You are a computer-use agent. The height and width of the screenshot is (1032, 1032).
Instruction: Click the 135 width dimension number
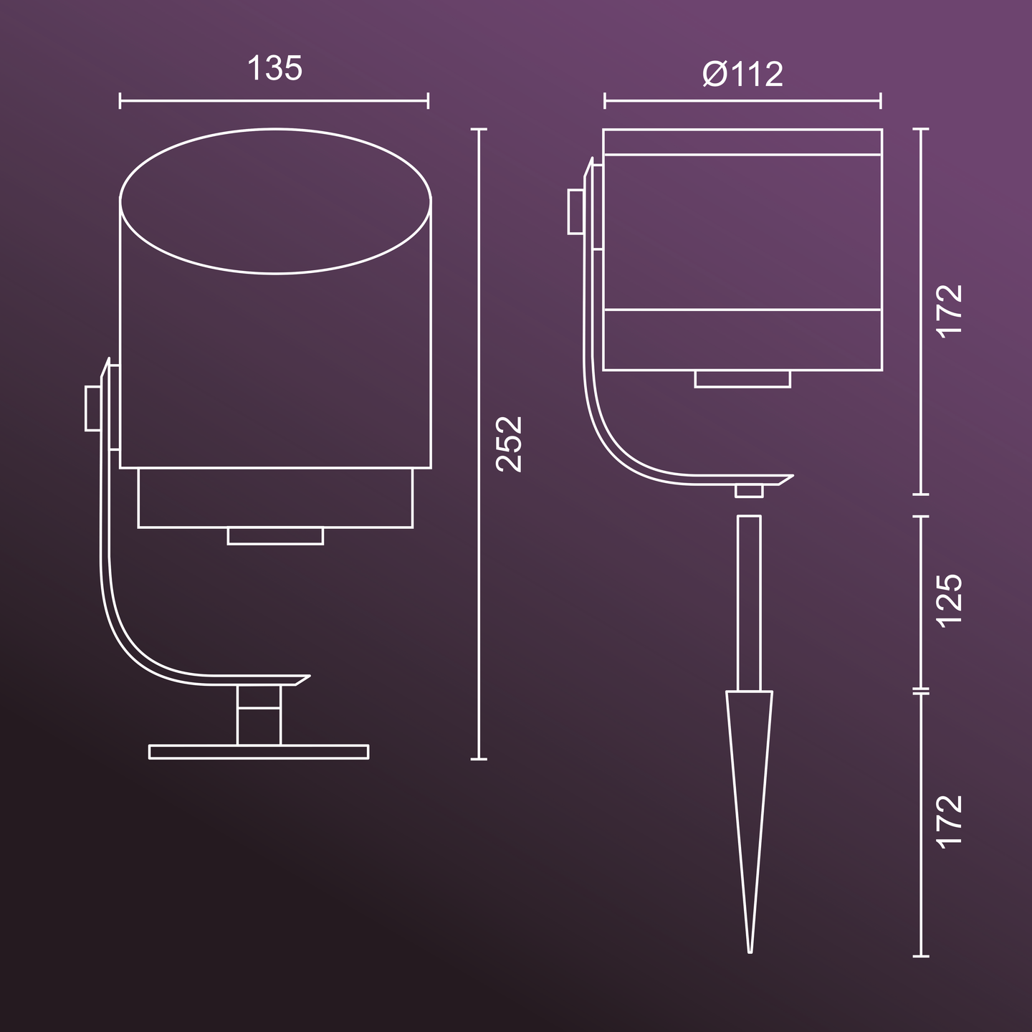[x=274, y=69]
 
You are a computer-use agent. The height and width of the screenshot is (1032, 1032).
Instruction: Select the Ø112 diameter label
[x=742, y=74]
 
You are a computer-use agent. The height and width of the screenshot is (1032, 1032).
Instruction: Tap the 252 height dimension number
[x=510, y=444]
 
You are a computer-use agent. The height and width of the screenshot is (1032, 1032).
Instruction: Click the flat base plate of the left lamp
[x=259, y=752]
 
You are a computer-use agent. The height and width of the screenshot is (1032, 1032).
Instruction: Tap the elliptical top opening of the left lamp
[x=275, y=201]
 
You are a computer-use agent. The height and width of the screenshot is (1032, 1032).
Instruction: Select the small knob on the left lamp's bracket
[x=92, y=408]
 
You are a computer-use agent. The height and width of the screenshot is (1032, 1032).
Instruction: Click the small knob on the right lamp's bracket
[x=575, y=211]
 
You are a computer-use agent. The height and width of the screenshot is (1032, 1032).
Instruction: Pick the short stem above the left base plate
[x=259, y=715]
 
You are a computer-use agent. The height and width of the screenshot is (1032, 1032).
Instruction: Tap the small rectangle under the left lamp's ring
[x=275, y=536]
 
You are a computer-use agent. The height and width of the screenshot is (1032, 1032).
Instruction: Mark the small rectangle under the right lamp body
[x=742, y=379]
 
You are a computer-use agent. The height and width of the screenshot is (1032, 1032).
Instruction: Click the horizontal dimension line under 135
[x=274, y=101]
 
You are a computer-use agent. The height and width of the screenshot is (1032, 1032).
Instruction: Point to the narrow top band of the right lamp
[x=742, y=142]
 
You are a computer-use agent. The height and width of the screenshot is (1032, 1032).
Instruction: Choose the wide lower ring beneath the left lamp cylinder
[x=275, y=498]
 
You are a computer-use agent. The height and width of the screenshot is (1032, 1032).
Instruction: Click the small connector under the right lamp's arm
[x=749, y=490]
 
